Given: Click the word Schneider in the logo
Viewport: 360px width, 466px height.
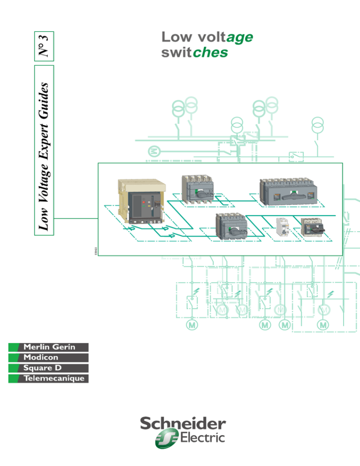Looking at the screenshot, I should (183, 424).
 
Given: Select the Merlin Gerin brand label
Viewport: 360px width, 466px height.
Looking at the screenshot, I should (49, 347).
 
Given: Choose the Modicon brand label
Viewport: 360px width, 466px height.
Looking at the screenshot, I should (49, 358).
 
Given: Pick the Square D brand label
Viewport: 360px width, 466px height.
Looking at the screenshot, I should (49, 368).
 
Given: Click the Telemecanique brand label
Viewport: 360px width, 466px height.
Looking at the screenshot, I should (49, 378).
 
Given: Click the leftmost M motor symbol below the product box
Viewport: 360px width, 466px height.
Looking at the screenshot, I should (191, 324).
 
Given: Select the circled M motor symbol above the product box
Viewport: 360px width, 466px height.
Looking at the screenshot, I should (153, 151).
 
